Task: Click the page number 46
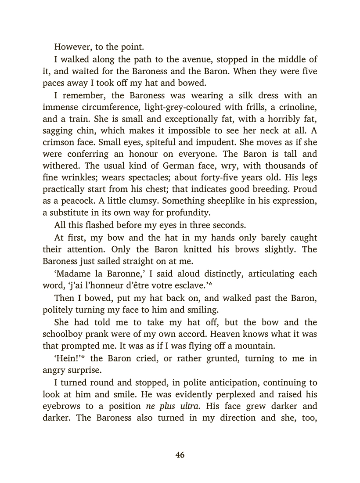coord(180,455)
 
